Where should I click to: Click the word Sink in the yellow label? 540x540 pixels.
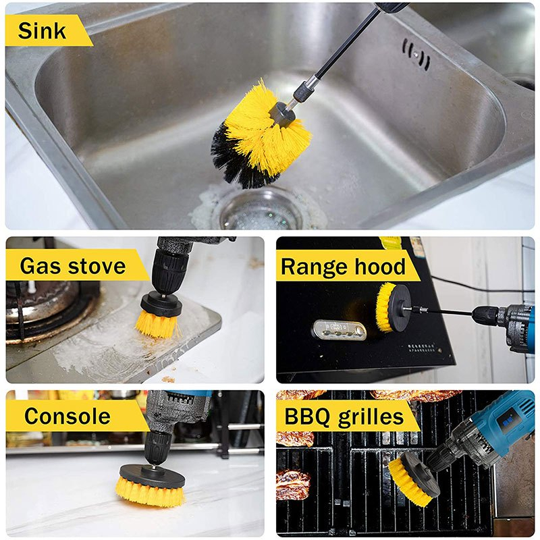[42, 31]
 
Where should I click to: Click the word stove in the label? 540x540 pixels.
[97, 266]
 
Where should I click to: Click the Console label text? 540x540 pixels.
[67, 416]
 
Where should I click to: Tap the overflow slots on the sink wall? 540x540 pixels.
[416, 54]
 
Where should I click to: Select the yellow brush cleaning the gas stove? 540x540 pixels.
[157, 324]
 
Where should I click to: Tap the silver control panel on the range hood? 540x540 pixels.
[340, 330]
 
